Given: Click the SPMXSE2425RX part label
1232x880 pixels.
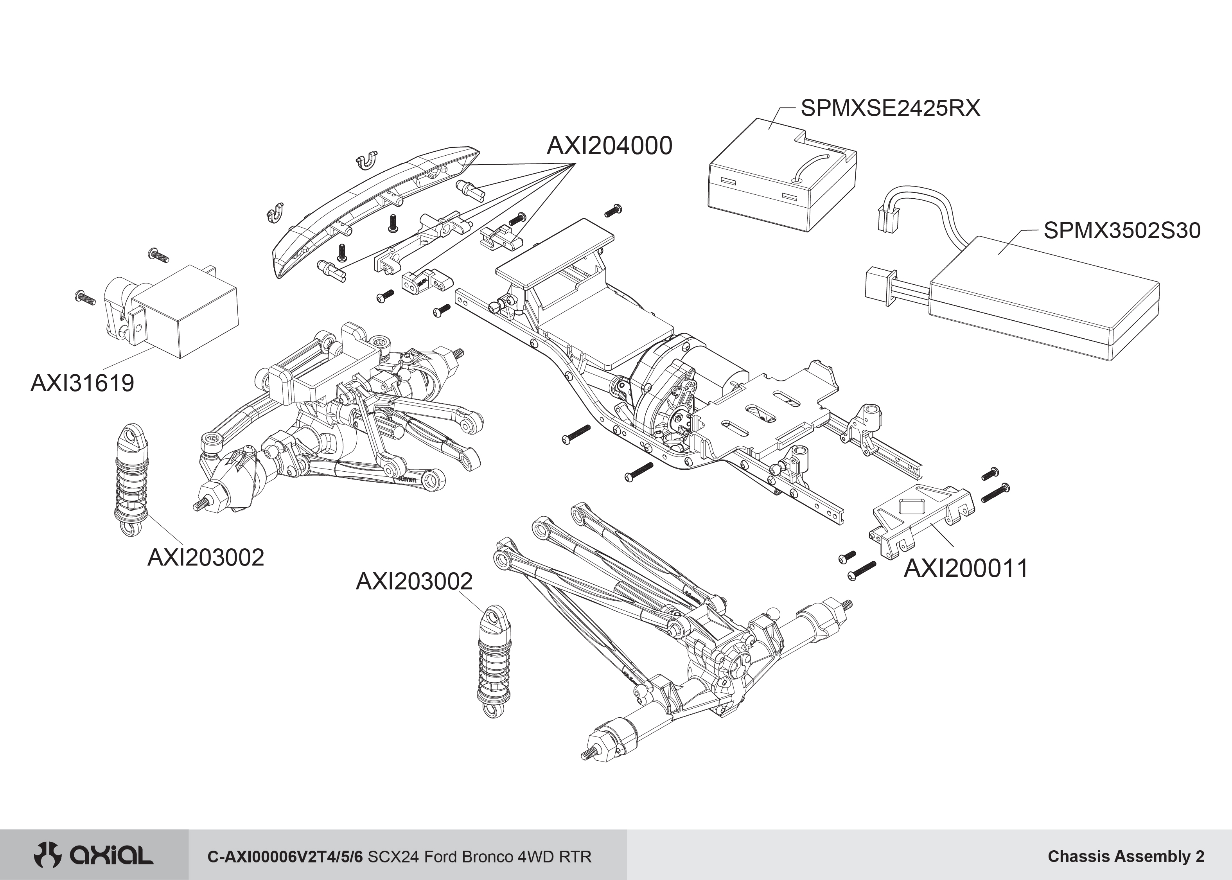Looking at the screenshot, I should [890, 108].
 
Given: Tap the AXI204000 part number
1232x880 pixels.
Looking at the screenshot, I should [609, 146].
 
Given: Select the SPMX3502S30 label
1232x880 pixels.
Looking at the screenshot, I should [1121, 231].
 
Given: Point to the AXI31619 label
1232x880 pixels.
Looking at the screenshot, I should [83, 383].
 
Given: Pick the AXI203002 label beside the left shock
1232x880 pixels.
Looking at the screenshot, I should [205, 558].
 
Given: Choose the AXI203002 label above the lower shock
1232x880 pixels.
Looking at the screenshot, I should [414, 582].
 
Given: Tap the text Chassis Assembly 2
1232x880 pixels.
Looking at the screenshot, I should [1126, 856].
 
